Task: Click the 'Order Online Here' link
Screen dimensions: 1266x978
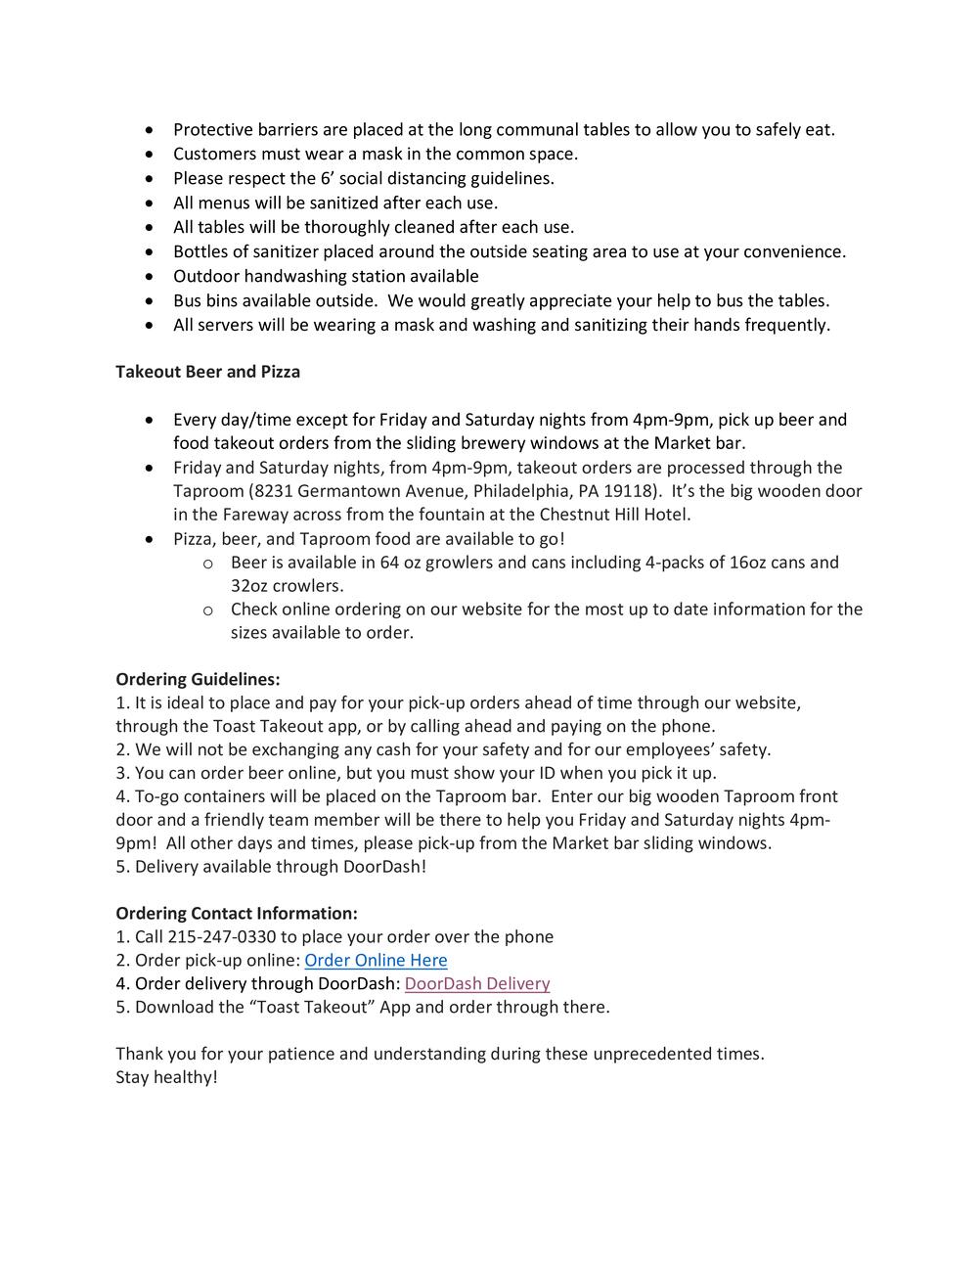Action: click(376, 961)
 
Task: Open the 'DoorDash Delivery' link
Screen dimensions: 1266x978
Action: click(476, 984)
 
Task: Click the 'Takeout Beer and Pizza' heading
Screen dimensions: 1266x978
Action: click(207, 372)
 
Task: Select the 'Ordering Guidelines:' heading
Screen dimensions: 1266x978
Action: click(198, 679)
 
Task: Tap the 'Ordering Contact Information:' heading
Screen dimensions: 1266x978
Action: click(237, 914)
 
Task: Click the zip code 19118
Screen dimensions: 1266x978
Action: click(628, 491)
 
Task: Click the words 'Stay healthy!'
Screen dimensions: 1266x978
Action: click(166, 1078)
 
